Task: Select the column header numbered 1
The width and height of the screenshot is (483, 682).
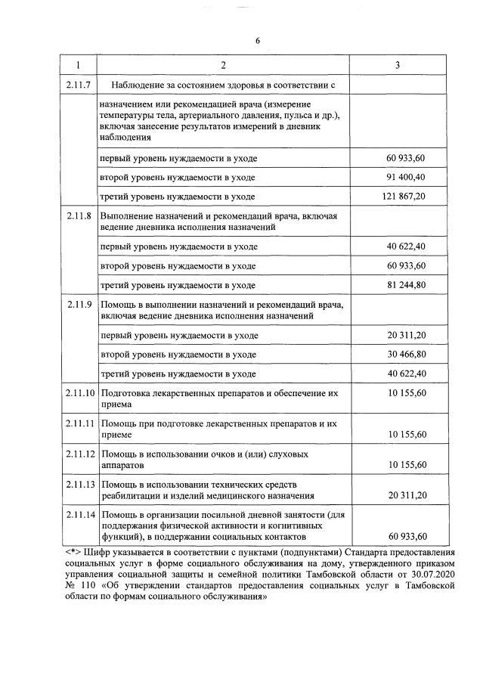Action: tap(79, 66)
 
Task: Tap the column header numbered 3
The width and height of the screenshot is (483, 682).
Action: tap(398, 66)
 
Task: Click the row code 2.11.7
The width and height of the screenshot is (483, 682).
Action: tap(79, 85)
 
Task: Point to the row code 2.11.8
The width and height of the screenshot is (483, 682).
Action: tap(79, 216)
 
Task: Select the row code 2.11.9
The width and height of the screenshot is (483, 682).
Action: tap(79, 305)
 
